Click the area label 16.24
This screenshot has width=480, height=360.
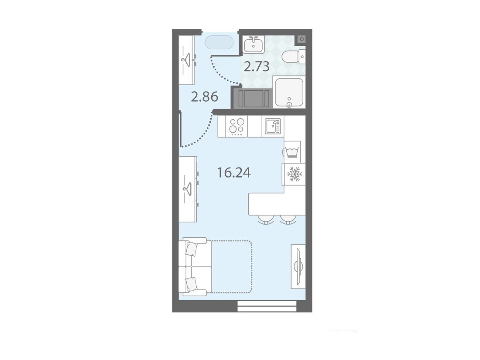234,173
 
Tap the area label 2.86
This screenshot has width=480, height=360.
205,97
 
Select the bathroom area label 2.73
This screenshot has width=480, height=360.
257,66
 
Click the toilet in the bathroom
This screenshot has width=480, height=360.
293,57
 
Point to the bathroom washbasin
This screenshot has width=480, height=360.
254,45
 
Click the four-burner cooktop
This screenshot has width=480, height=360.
237,126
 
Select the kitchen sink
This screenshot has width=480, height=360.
273,126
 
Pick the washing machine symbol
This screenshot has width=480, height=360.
292,152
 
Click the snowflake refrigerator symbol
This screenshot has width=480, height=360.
294,174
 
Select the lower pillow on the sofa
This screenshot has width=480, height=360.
191,284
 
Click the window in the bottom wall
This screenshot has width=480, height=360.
267,306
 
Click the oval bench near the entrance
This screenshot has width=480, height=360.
219,42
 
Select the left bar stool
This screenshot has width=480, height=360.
266,219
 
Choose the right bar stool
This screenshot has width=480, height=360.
288,219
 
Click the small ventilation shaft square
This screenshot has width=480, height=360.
302,39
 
